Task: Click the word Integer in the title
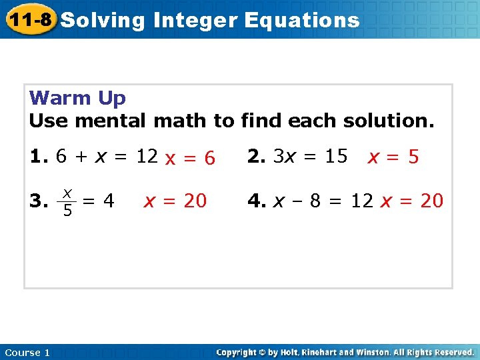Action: tap(195, 20)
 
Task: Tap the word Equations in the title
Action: tap(302, 20)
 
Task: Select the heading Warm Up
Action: tap(77, 98)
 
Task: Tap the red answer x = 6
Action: tap(191, 158)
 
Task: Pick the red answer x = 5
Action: tap(394, 157)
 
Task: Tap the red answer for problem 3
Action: tap(175, 200)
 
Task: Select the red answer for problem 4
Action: tap(411, 201)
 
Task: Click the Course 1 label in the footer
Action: tap(27, 353)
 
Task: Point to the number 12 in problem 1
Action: tap(147, 157)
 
